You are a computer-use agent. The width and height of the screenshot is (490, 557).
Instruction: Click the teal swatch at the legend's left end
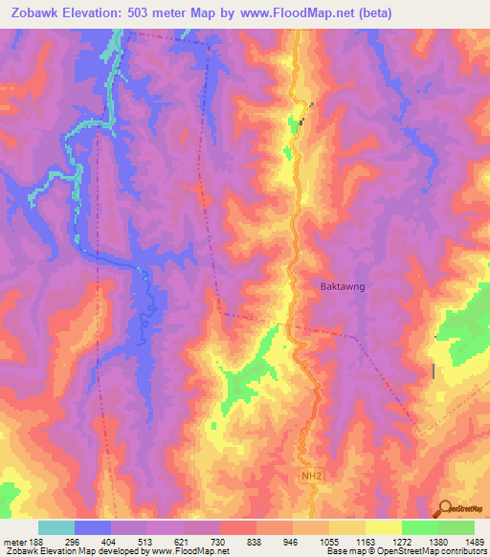click(x=56, y=527)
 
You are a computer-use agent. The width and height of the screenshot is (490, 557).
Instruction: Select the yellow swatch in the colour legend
click(x=384, y=527)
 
